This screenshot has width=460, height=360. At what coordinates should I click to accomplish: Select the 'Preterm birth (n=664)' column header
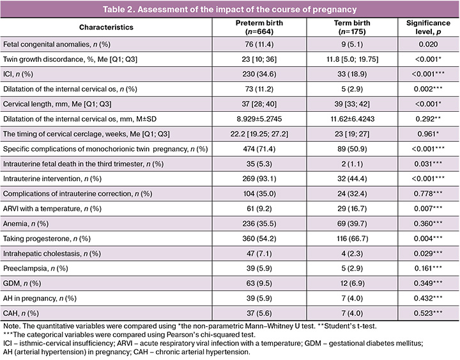point(259,27)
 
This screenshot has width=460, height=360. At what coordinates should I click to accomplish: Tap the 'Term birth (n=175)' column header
point(352,27)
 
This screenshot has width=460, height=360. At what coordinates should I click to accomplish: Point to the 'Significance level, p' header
point(428,27)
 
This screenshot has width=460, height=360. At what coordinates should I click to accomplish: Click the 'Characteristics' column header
point(106,27)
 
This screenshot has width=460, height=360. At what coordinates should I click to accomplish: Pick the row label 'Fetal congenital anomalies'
point(46,45)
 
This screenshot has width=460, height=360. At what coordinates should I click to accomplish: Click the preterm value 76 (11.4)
point(259,45)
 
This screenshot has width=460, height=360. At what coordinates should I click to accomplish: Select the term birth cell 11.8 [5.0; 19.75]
point(352,59)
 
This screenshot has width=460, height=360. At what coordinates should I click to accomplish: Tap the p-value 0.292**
point(428,119)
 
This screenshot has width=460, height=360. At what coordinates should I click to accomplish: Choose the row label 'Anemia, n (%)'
point(26,223)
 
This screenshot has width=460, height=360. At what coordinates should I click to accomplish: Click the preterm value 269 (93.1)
point(259,179)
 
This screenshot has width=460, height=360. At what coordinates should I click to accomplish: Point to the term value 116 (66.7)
point(352,239)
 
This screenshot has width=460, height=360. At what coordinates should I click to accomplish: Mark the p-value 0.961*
point(428,134)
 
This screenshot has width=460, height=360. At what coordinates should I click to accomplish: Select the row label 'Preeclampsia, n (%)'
point(36,269)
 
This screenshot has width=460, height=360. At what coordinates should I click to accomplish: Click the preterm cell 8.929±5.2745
point(259,119)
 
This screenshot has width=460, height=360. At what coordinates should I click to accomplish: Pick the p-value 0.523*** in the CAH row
point(428,313)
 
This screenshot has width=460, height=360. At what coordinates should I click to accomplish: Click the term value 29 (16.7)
point(352,209)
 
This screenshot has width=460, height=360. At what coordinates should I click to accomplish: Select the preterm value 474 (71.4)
point(259,149)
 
